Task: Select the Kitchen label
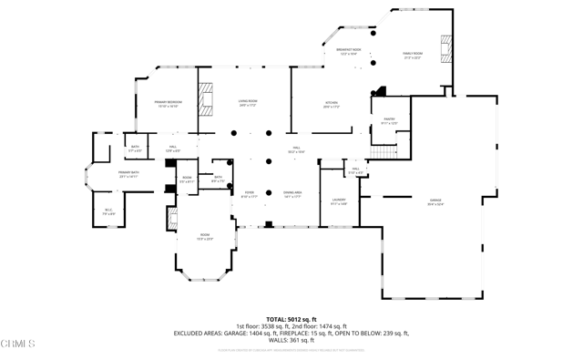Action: (332, 104)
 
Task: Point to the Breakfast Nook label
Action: (349, 52)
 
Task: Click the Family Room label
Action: (414, 56)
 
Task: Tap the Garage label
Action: (435, 201)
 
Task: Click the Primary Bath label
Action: (128, 174)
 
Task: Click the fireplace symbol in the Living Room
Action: (207, 99)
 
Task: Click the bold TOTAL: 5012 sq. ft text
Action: (291, 319)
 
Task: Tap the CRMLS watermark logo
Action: (18, 344)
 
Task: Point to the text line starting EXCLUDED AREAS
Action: (291, 334)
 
